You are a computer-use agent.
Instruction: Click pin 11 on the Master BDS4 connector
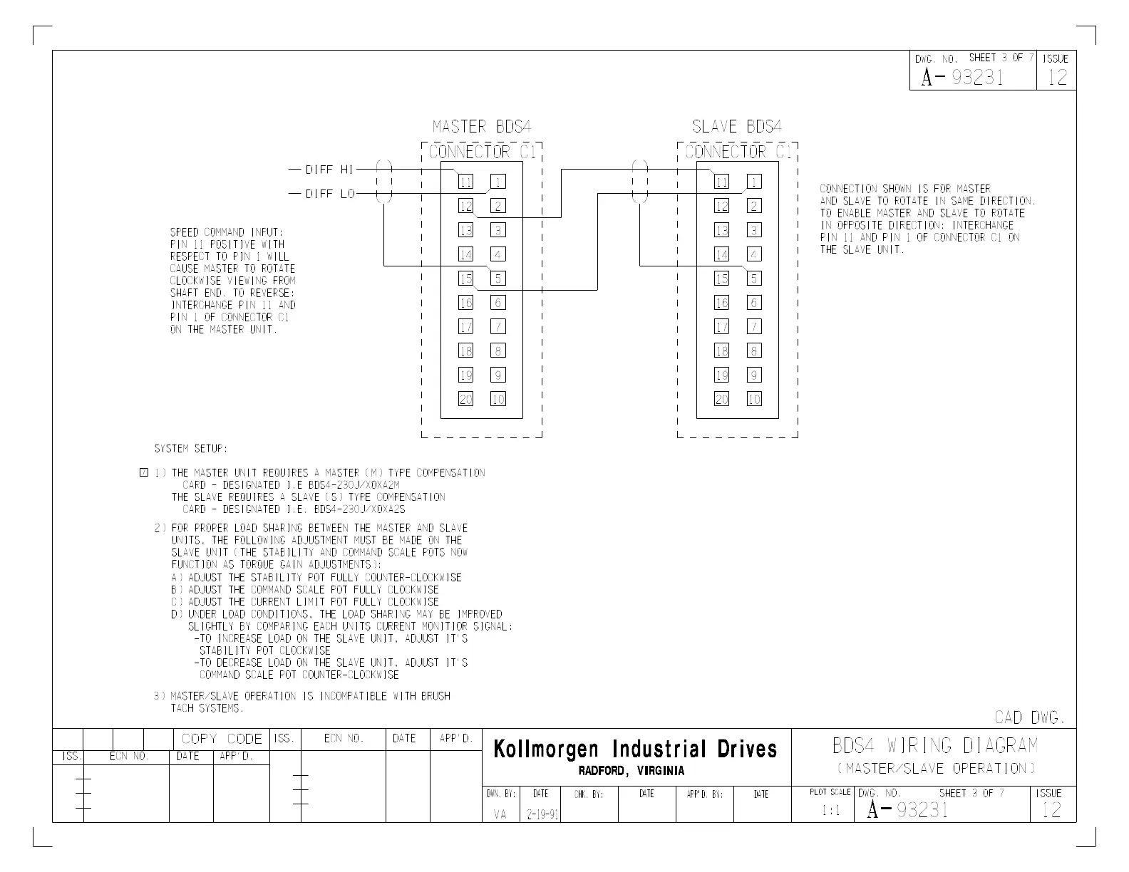pos(465,182)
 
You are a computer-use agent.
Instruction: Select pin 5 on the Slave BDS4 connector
pos(754,279)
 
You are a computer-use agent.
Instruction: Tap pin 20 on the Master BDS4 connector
pos(465,400)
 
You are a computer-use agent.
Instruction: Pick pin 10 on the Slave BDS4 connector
pos(754,400)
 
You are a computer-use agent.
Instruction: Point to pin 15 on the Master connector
pos(465,279)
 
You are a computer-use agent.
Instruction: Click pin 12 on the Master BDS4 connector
pos(465,207)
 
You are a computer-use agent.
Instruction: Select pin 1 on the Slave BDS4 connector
pos(754,182)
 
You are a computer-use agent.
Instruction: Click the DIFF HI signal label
pos(329,170)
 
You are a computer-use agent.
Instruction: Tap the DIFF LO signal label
pos(330,194)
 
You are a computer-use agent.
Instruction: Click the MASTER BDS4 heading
pos(482,127)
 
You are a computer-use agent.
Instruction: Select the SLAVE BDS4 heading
pos(737,127)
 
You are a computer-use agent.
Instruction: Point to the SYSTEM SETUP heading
pos(191,449)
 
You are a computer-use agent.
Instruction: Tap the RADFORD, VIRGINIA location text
pos(631,771)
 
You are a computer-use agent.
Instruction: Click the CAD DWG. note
pos(1029,717)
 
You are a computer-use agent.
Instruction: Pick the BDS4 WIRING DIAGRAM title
pos(935,746)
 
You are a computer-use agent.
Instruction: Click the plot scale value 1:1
pos(830,811)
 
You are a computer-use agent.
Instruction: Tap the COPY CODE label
pos(222,739)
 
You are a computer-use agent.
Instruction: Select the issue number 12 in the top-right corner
pos(1057,77)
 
